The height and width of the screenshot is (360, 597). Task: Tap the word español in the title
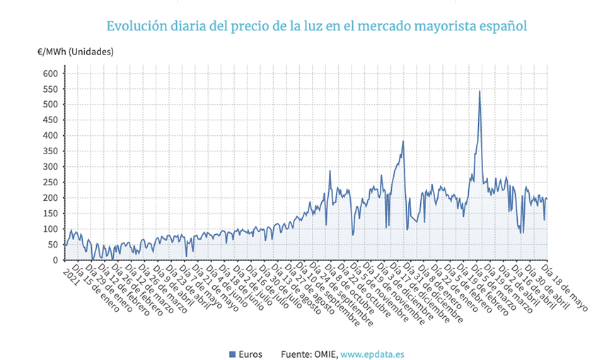[x=503, y=26]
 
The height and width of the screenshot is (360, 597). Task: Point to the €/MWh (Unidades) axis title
[x=76, y=52]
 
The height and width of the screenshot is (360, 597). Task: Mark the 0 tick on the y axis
[x=54, y=260]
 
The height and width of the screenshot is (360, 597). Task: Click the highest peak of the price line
[x=480, y=91]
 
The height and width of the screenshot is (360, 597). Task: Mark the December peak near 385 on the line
[x=403, y=141]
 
